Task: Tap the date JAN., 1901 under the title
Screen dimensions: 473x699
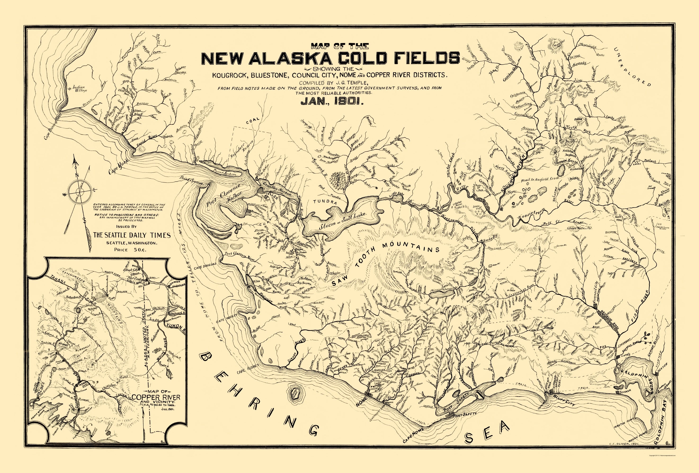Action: tap(332, 102)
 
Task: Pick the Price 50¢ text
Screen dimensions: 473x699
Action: tap(130, 250)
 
